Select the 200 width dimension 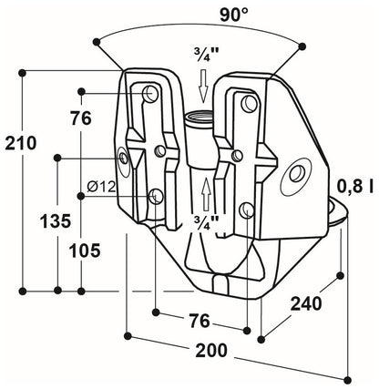pyautogui.click(x=212, y=351)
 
